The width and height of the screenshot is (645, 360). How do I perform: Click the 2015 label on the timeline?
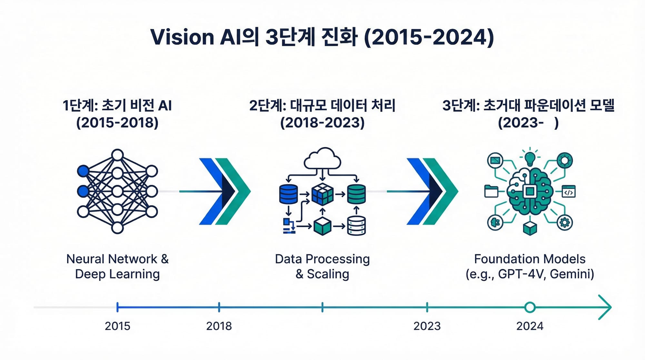tap(117, 326)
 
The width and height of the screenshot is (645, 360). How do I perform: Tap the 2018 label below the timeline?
tap(219, 326)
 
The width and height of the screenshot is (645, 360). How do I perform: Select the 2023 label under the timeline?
tap(427, 326)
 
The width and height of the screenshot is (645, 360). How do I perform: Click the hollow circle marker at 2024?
tap(530, 307)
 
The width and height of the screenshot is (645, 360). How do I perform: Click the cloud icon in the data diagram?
tap(322, 159)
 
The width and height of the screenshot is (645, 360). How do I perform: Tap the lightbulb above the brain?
tap(530, 158)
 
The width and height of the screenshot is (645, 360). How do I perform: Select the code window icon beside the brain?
tap(569, 191)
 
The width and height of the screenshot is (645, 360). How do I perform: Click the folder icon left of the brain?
tap(491, 191)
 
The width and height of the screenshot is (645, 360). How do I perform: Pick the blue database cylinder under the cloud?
tap(288, 194)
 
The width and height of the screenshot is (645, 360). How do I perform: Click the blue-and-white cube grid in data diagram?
tap(322, 194)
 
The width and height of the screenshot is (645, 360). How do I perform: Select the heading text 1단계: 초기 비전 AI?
tap(117, 105)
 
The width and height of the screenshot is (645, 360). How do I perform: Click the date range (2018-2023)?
tap(322, 123)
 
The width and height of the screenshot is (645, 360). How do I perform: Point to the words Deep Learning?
tap(117, 274)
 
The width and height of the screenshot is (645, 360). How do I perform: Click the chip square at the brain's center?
tap(530, 192)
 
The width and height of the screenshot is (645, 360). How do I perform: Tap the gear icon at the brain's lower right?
tap(565, 223)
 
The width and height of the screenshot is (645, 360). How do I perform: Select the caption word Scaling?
tap(328, 274)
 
